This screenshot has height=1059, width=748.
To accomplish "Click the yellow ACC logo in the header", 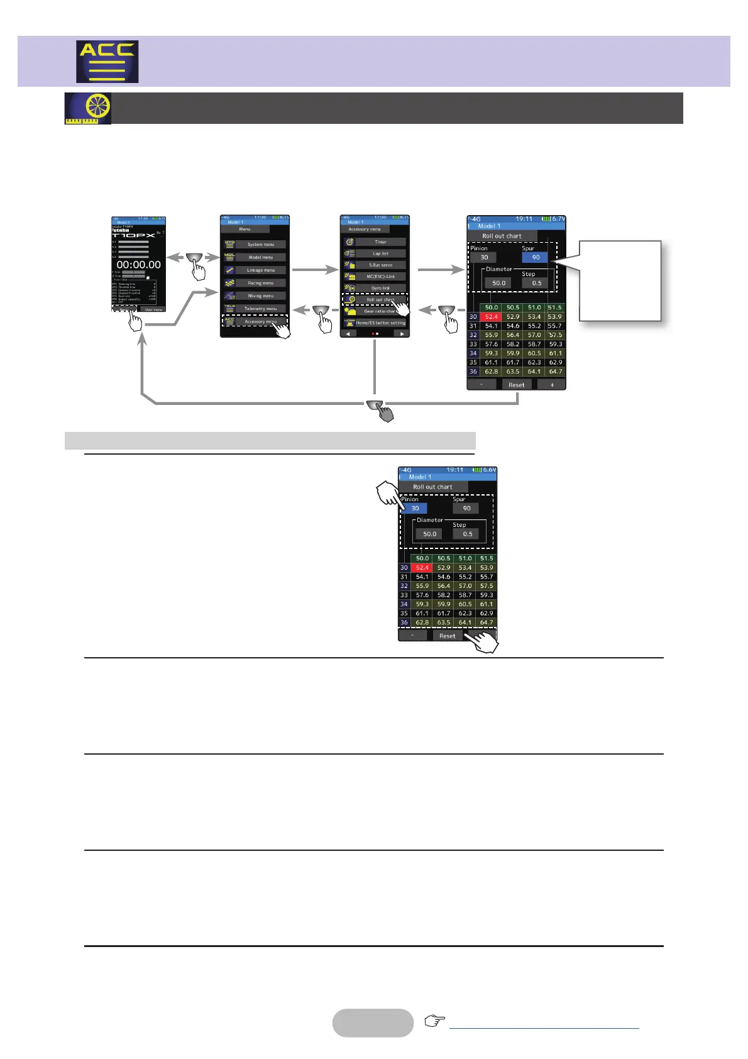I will pyautogui.click(x=107, y=62).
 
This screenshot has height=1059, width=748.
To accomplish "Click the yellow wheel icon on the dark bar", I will pyautogui.click(x=88, y=108).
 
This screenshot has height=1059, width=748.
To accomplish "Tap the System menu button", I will pyautogui.click(x=260, y=244).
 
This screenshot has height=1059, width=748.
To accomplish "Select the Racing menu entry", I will pyautogui.click(x=260, y=283).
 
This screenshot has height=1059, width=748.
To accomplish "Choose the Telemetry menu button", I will pyautogui.click(x=260, y=309).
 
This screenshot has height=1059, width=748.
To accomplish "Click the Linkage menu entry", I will pyautogui.click(x=260, y=270).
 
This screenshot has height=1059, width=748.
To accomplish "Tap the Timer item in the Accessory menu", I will pyautogui.click(x=380, y=241).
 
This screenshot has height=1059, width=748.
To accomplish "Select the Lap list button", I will pyautogui.click(x=380, y=253).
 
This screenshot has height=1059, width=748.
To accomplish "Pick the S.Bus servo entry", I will pyautogui.click(x=380, y=265).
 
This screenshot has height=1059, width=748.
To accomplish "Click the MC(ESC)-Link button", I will pyautogui.click(x=380, y=276).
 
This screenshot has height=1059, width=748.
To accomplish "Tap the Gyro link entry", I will pyautogui.click(x=380, y=288).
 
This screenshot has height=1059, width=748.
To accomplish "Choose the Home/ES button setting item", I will pyautogui.click(x=380, y=323).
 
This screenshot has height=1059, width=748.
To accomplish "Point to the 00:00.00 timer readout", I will pyautogui.click(x=139, y=265).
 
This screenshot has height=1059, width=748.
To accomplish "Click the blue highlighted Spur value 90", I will pyautogui.click(x=536, y=257).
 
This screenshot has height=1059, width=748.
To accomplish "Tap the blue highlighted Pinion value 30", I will pyautogui.click(x=415, y=508).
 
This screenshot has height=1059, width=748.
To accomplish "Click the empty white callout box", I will pyautogui.click(x=620, y=280).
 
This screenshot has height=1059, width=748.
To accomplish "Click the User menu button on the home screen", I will pyautogui.click(x=153, y=309).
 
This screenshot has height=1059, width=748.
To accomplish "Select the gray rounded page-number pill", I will pyautogui.click(x=373, y=1023).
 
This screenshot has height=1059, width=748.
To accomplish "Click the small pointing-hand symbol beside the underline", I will pyautogui.click(x=434, y=1021).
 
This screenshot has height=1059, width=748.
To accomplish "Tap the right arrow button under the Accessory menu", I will pyautogui.click(x=401, y=334).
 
